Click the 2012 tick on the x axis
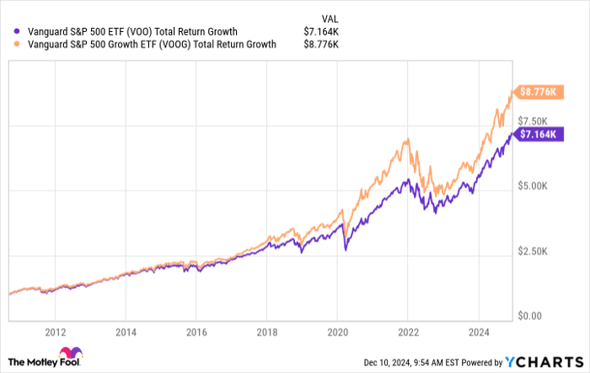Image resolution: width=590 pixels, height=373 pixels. [x=56, y=332]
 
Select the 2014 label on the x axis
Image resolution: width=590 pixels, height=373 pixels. [x=126, y=332]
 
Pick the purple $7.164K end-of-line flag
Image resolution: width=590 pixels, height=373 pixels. [x=537, y=135]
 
